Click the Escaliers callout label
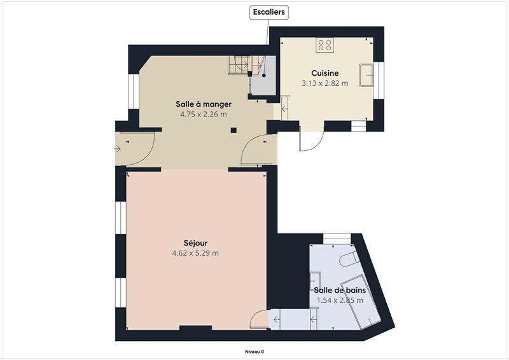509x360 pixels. click(268, 12)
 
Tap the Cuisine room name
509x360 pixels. click(325, 73)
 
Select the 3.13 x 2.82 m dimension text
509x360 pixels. click(325, 83)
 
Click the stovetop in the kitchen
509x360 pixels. click(324, 45)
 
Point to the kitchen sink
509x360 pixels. click(366, 75)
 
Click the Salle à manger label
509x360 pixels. click(204, 104)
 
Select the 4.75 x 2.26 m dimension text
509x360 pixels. click(204, 114)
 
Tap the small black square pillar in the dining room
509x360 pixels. click(234, 130)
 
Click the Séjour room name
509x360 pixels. click(195, 243)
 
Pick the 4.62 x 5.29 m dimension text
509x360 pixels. click(195, 253)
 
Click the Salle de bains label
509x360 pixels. click(340, 290)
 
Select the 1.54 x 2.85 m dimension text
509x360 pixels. click(340, 300)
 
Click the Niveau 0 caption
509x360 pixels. click(254, 352)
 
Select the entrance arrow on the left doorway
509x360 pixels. click(117, 149)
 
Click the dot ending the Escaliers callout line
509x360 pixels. click(264, 75)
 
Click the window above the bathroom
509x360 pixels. click(337, 238)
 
